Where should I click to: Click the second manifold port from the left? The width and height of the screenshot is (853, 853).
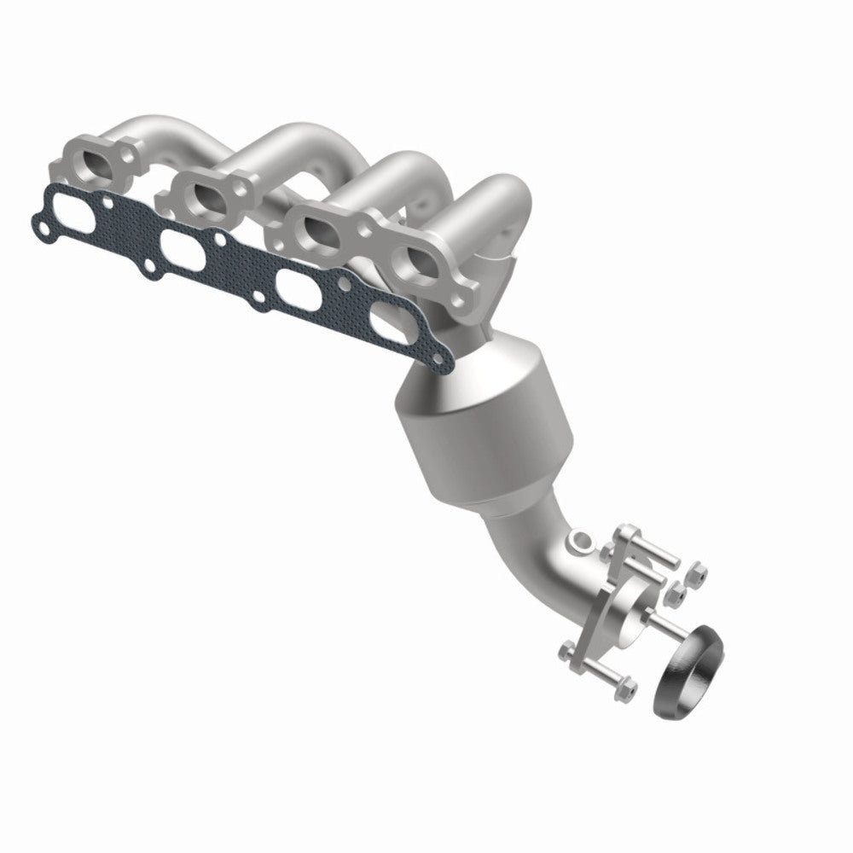point(209,195)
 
